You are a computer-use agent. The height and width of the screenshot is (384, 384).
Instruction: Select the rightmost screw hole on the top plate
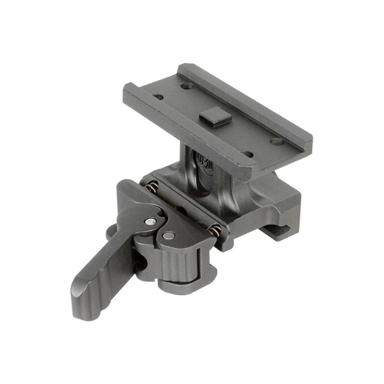[x=277, y=141]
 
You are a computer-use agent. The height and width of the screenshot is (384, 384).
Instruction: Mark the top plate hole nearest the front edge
[x=248, y=155]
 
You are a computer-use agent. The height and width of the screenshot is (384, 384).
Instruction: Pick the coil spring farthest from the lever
[x=216, y=230]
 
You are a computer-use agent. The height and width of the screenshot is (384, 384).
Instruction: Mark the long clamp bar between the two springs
[x=185, y=209]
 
